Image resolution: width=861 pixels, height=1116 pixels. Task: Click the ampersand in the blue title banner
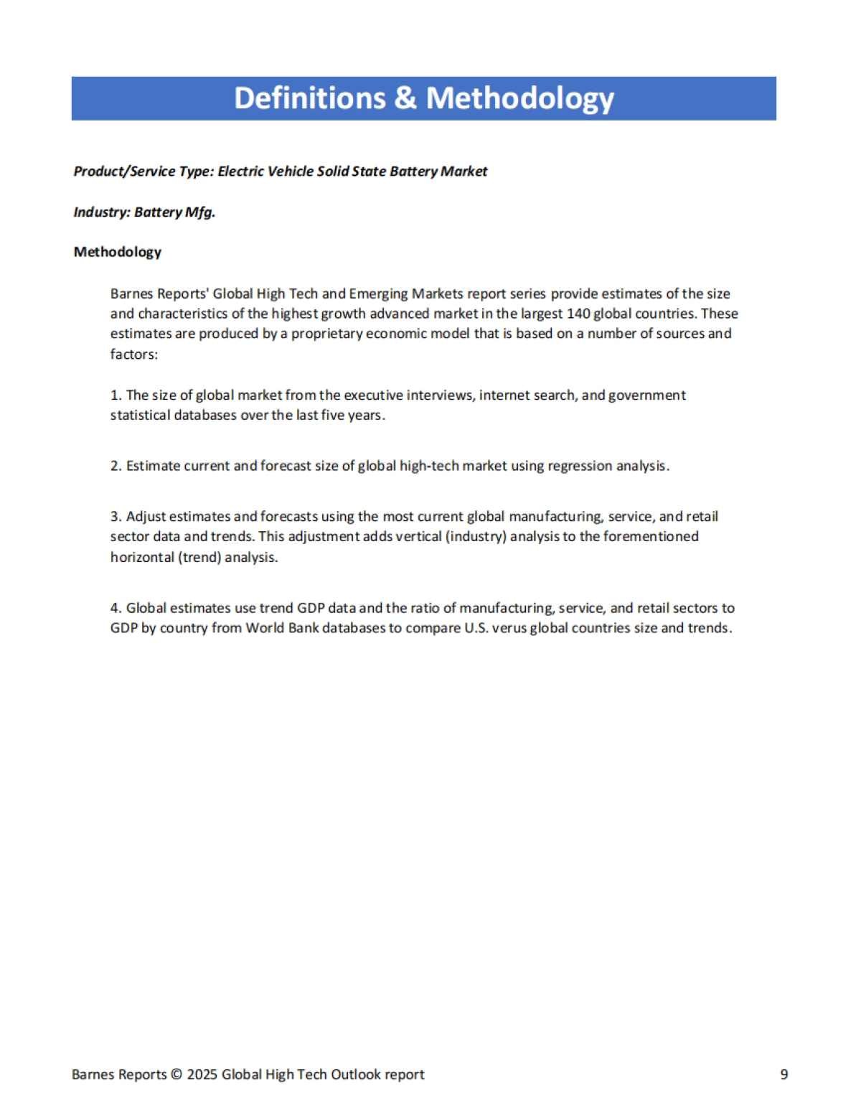(405, 98)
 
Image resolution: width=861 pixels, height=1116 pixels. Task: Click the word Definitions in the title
(309, 98)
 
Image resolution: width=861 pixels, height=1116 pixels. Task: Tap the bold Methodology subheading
(118, 252)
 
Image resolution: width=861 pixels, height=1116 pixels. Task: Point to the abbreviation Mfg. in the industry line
(200, 212)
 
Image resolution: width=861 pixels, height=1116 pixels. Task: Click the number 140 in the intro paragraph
(578, 314)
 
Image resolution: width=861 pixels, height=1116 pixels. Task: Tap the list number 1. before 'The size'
(116, 395)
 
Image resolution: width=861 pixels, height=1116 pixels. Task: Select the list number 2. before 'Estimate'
(116, 466)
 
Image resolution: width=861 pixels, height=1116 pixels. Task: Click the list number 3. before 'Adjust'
(116, 517)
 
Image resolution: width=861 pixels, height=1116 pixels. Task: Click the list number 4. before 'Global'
(116, 608)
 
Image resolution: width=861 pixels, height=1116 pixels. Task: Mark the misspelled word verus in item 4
(509, 628)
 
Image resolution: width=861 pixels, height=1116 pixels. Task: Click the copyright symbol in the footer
(177, 1074)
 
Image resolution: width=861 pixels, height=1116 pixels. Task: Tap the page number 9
(784, 1074)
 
